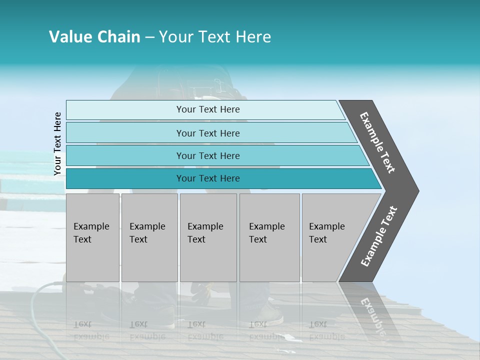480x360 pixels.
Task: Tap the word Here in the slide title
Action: pyautogui.click(x=253, y=37)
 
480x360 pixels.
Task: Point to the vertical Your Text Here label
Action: pyautogui.click(x=57, y=143)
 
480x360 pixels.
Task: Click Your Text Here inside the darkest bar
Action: pyautogui.click(x=208, y=178)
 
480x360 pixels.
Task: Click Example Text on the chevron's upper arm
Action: pyautogui.click(x=377, y=142)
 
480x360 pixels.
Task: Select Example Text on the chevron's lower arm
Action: pyautogui.click(x=378, y=236)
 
